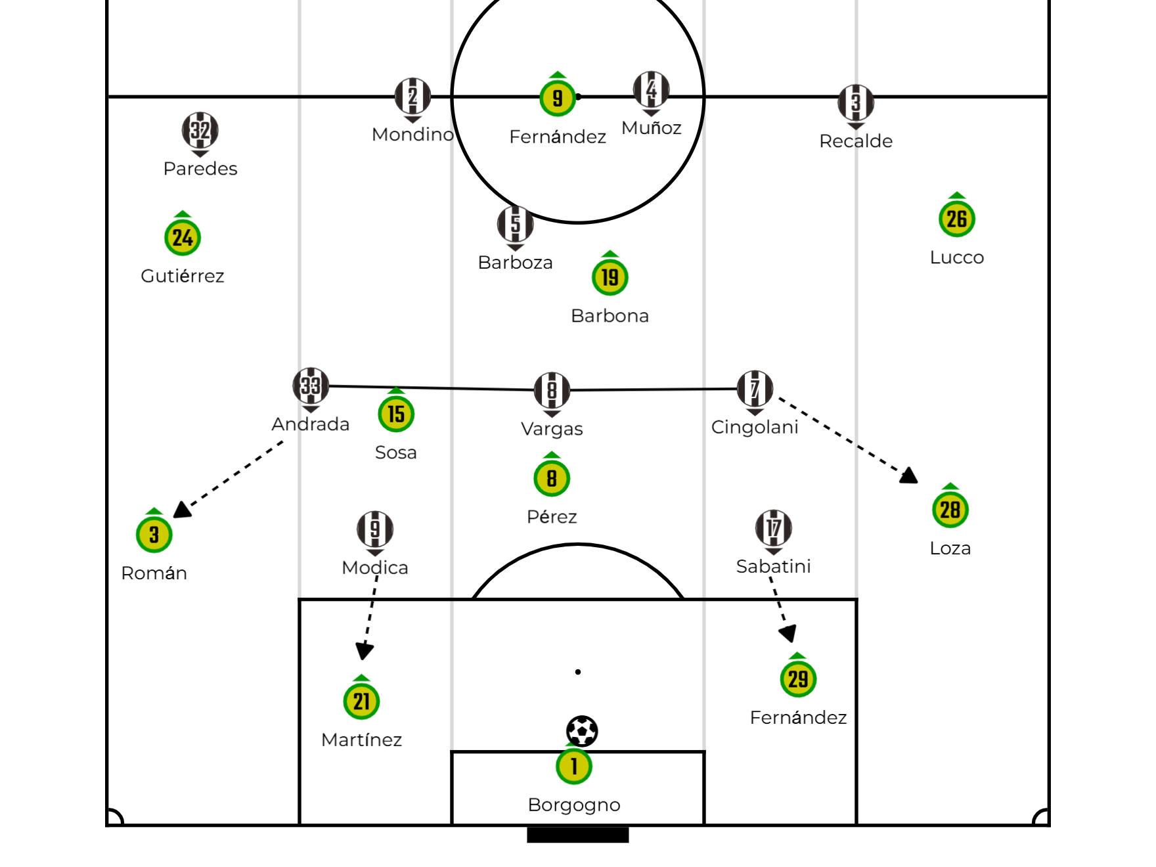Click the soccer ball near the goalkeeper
(x=582, y=731)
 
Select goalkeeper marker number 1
(x=574, y=766)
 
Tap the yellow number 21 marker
(x=362, y=701)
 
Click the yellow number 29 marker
(x=798, y=678)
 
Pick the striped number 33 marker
(x=311, y=386)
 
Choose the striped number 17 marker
(x=774, y=528)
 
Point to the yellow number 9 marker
(x=558, y=98)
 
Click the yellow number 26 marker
(x=957, y=219)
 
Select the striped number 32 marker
(x=200, y=131)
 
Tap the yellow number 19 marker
(x=610, y=277)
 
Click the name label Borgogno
(x=574, y=805)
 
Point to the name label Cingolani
(x=755, y=427)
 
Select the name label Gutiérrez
(x=183, y=275)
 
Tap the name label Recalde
(x=856, y=141)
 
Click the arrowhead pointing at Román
(x=181, y=510)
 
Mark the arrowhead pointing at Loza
(x=909, y=475)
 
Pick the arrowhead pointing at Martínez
(x=365, y=651)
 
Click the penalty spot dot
(x=578, y=672)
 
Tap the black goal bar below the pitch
(x=578, y=834)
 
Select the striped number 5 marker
(x=516, y=224)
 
